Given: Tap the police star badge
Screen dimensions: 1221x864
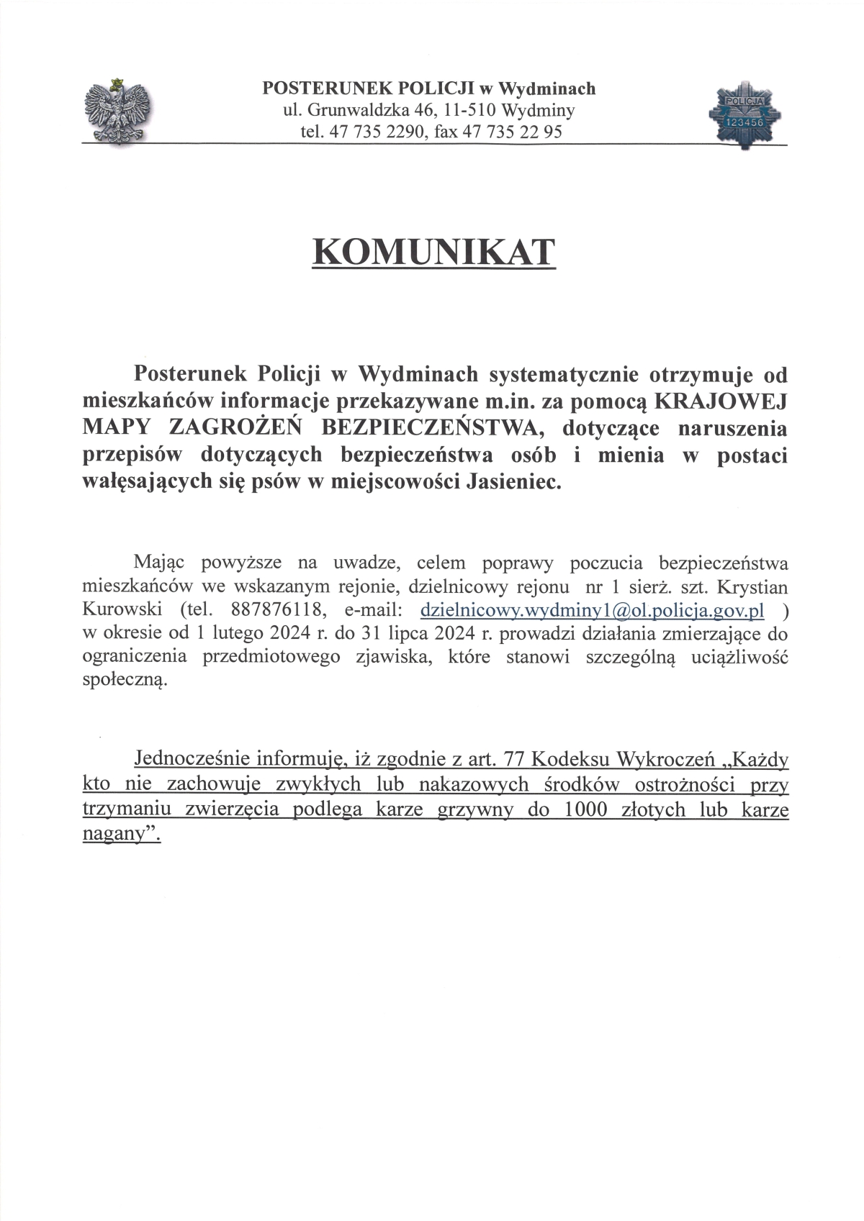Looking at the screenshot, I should click(744, 115).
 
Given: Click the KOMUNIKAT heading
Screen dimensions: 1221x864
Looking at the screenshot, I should click(434, 253).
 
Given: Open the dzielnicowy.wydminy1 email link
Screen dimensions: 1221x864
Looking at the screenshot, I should click(591, 610).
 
